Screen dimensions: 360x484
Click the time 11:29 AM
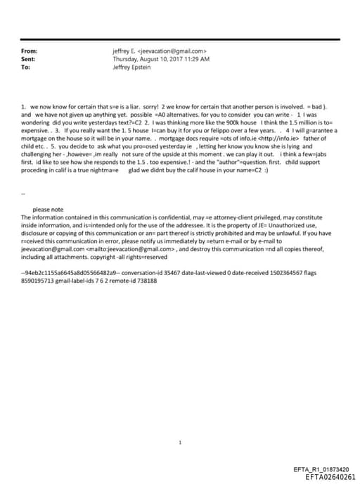pos(196,59)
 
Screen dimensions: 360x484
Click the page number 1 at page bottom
pos(180,424)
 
